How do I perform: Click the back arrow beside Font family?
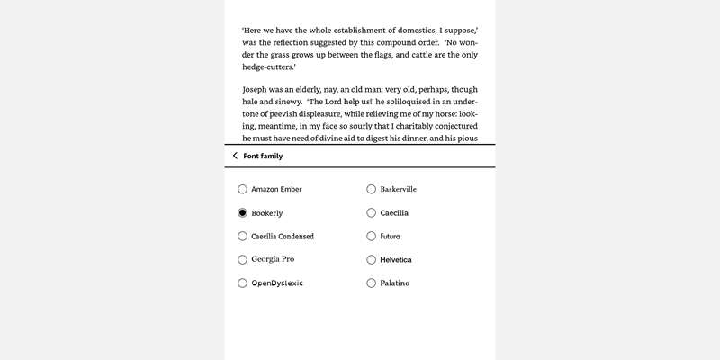click(x=235, y=156)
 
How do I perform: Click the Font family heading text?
click(x=263, y=156)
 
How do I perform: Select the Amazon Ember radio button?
click(x=242, y=189)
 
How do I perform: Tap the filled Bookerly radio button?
click(x=242, y=213)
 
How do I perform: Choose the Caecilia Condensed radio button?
click(x=242, y=236)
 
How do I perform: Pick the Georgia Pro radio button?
click(x=242, y=259)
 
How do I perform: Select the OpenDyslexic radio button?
click(x=242, y=283)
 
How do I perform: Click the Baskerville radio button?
click(x=371, y=189)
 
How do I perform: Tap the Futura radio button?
click(x=371, y=236)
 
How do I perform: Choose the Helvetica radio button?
click(x=371, y=259)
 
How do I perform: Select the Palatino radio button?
click(x=371, y=283)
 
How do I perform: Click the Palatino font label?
click(x=395, y=283)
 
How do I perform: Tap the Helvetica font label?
click(x=396, y=259)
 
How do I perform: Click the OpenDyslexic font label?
click(x=277, y=283)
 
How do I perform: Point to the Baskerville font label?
click(x=399, y=189)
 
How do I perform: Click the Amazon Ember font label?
click(x=276, y=189)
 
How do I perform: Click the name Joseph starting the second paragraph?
click(x=256, y=90)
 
